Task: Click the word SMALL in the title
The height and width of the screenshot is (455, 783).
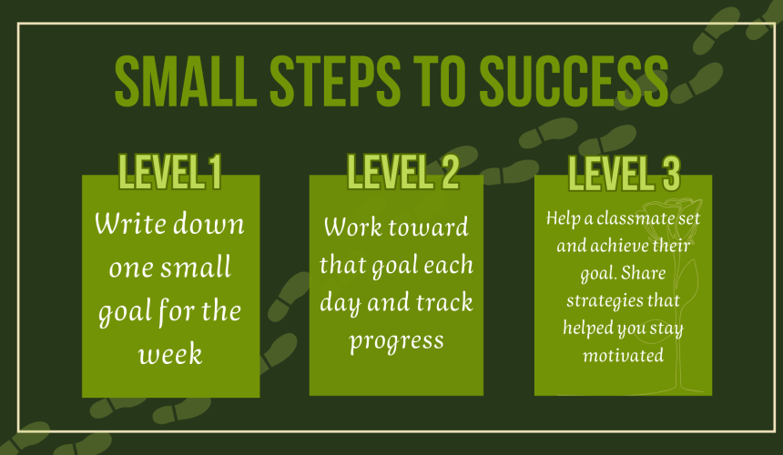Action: (x=186, y=81)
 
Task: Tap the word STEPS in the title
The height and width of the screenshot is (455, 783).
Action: (x=335, y=81)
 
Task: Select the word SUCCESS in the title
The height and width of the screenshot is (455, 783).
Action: (x=574, y=81)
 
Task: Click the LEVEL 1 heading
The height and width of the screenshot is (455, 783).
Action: (x=169, y=172)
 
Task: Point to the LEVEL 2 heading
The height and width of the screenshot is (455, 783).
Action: (x=403, y=172)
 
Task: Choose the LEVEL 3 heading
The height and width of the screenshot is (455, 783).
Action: (x=625, y=174)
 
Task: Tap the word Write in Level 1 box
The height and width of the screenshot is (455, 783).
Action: (x=130, y=223)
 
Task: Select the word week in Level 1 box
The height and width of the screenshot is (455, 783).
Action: (x=170, y=355)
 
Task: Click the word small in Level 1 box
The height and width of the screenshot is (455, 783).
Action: (x=196, y=267)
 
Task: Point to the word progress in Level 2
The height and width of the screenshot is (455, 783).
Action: (x=396, y=342)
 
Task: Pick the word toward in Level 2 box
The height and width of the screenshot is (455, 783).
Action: (x=429, y=227)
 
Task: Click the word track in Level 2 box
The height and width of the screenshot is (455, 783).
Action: (x=444, y=302)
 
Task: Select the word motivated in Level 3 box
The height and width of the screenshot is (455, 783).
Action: (x=623, y=356)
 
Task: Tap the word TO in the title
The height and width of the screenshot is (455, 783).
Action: (x=440, y=81)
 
